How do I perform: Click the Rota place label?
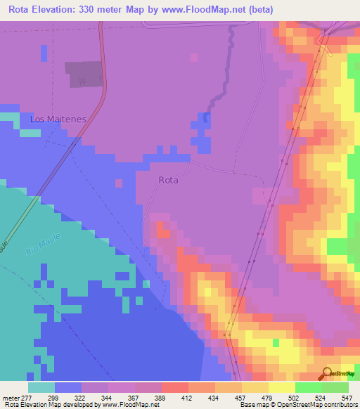tap(168, 180)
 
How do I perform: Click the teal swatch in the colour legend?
tap(41, 387)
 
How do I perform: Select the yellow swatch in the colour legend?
tap(281, 387)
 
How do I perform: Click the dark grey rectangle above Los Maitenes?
tap(84, 74)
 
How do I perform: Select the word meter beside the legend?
tap(11, 398)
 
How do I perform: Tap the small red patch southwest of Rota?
tap(162, 228)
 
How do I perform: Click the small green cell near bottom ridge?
tap(276, 342)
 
